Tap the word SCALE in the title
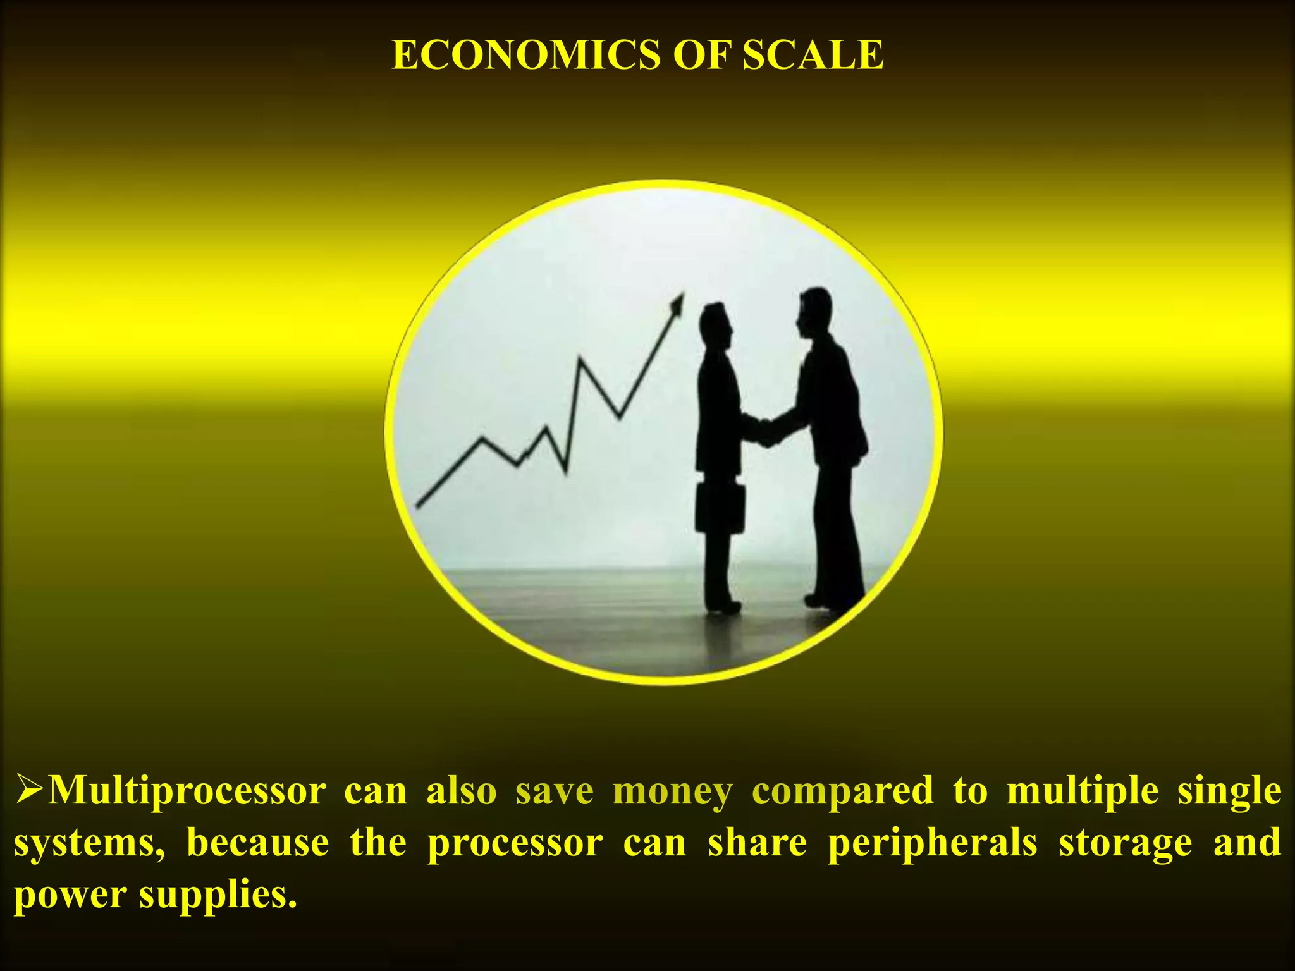[813, 55]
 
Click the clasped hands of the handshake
[766, 431]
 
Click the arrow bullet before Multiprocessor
[30, 790]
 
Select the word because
[258, 843]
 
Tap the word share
[757, 843]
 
